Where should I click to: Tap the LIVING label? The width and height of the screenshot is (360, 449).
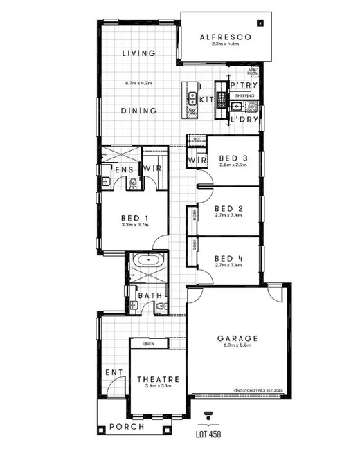[138, 53]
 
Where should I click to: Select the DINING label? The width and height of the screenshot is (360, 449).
[138, 111]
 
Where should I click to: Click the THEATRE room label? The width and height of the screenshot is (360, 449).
[159, 379]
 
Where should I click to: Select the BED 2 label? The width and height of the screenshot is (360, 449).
[228, 208]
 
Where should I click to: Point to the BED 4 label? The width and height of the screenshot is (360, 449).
[228, 256]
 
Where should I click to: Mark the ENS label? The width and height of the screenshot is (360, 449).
[124, 169]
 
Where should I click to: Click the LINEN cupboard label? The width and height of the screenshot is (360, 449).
[149, 344]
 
